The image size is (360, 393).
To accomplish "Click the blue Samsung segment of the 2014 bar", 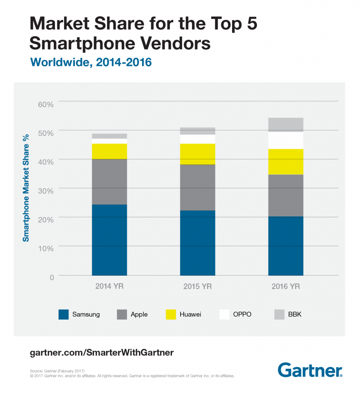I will tap(109, 240).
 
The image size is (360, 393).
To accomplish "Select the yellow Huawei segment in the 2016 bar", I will tap(285, 162).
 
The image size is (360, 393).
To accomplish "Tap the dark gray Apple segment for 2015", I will tap(197, 187).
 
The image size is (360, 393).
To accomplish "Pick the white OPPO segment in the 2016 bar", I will tap(285, 140).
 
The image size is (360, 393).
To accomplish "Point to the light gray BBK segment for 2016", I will tap(285, 124).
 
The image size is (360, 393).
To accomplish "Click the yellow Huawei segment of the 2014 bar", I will tap(109, 151).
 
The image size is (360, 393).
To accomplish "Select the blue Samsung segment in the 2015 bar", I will tap(197, 243).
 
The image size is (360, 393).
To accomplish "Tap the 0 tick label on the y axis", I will tap(51, 277).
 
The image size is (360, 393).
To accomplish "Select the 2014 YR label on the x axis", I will tap(109, 287).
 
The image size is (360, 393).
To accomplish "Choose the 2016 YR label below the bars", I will tap(285, 287).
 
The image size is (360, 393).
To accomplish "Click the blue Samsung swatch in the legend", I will tap(63, 314).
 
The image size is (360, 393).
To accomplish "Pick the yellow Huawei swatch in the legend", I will tap(171, 314).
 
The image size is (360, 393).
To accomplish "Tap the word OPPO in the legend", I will tap(243, 314).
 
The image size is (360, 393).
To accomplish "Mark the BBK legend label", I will tap(295, 314).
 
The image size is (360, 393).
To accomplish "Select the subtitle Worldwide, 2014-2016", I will tap(90, 62).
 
